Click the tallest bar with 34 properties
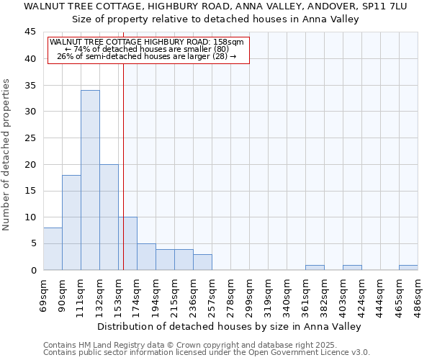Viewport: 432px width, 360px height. pos(90,180)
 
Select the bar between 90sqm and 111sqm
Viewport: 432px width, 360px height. pos(71,222)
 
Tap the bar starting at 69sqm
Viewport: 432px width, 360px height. pos(53,249)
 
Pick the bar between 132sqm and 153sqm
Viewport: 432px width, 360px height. pos(109,217)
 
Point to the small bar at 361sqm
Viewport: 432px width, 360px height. pos(315,267)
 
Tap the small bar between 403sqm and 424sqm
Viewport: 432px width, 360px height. pos(352,267)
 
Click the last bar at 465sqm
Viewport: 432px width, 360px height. pos(408,267)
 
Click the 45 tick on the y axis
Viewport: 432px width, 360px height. pos(31,32)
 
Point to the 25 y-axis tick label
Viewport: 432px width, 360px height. pos(31,138)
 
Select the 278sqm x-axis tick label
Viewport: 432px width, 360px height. pos(230,293)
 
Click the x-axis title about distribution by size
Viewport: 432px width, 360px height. pos(230,326)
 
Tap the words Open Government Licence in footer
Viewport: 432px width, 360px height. pos(305,352)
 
